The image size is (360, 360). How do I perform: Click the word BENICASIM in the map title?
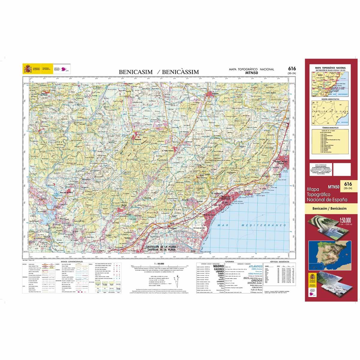pyautogui.click(x=136, y=72)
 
